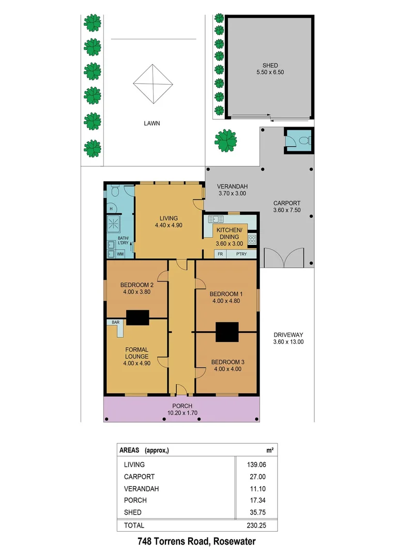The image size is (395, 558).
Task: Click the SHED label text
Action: pyautogui.click(x=270, y=66)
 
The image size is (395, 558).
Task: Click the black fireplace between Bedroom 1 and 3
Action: pyautogui.click(x=227, y=332)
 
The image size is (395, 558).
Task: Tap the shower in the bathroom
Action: pyautogui.click(x=113, y=224)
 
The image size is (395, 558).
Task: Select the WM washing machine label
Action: pyautogui.click(x=120, y=254)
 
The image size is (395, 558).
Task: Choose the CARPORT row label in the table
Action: pyautogui.click(x=139, y=476)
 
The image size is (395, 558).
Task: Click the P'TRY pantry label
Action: pyautogui.click(x=241, y=254)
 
